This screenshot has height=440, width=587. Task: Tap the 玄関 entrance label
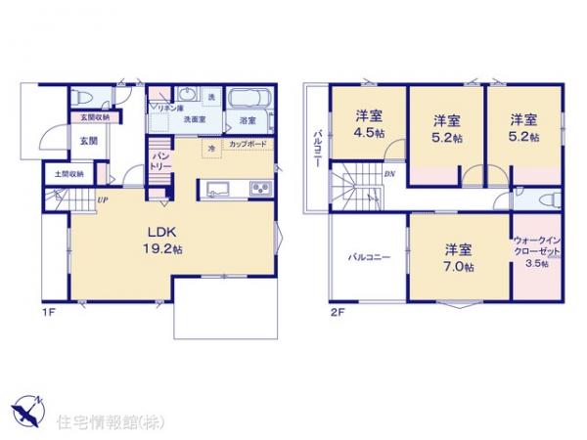pos(88,142)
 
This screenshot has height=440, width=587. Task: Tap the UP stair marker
pos(101,200)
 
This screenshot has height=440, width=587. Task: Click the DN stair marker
pos(389,175)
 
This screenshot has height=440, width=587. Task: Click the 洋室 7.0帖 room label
pos(457,257)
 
